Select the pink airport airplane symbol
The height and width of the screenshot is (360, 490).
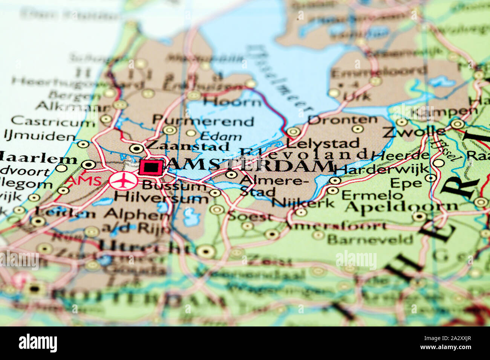(x=123, y=181)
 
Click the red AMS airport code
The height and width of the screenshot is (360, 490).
(x=84, y=180)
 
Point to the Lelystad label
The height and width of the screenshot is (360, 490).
(x=323, y=143)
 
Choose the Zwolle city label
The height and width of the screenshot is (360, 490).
(x=413, y=132)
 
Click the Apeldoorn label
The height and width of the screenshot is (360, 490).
(x=401, y=206)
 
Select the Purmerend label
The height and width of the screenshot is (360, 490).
(x=203, y=121)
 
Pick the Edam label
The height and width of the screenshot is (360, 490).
(x=221, y=136)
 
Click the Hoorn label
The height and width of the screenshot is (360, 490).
(x=232, y=102)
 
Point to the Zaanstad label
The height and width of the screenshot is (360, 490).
(x=187, y=146)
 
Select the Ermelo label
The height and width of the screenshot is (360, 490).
(x=372, y=195)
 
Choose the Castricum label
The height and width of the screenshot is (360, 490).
(x=53, y=121)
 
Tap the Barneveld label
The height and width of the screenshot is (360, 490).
(x=370, y=239)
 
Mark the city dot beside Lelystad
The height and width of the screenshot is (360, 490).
(x=293, y=132)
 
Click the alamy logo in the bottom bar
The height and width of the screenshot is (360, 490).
(x=38, y=343)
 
